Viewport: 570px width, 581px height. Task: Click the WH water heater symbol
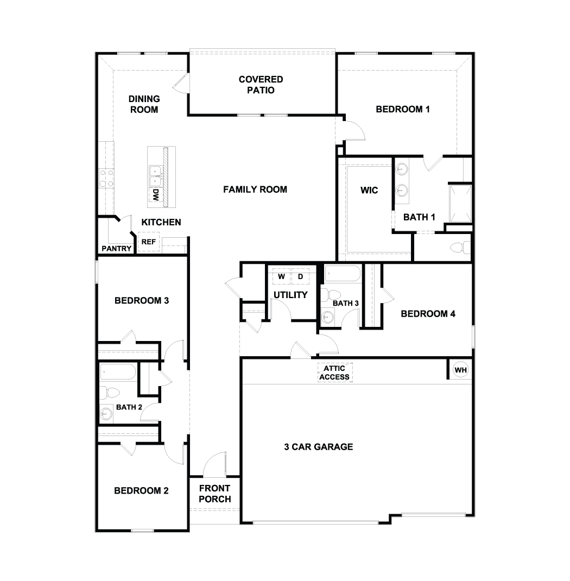pos(460,370)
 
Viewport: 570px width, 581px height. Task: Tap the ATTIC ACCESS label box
pos(334,372)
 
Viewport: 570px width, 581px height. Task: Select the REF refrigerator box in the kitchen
pos(148,242)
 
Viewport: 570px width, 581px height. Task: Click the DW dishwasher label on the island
pos(155,195)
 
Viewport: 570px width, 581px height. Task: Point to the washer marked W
pos(281,276)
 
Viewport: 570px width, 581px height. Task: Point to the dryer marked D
pos(300,276)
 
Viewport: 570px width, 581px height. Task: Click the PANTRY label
pos(116,249)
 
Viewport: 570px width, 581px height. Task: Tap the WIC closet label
pos(369,191)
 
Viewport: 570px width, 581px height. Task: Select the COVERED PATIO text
pos(261,85)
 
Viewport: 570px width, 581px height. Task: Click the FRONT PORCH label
pos(214,494)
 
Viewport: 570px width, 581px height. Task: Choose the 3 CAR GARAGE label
pos(318,447)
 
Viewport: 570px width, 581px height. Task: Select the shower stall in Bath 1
pos(459,203)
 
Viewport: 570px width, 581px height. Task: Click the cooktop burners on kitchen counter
pos(106,178)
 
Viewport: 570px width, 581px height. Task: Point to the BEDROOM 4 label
pos(428,313)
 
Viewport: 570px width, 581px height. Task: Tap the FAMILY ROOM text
pos(255,190)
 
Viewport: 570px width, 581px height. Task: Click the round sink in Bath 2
pos(105,414)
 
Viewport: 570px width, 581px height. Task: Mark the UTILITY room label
pos(290,295)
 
